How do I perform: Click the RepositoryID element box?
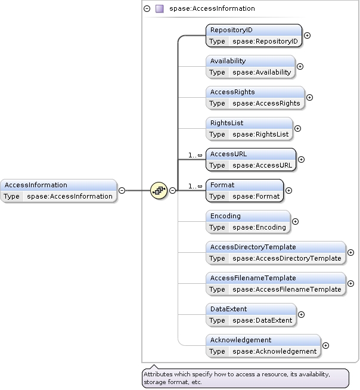click(254, 35)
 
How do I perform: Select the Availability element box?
click(250, 66)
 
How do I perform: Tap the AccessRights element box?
click(255, 97)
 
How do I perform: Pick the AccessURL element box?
click(251, 159)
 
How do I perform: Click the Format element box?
click(245, 190)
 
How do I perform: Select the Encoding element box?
click(248, 221)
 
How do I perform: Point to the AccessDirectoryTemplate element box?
click(276, 252)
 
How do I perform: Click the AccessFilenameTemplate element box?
click(276, 283)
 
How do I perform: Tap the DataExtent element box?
click(251, 314)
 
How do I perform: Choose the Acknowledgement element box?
click(263, 345)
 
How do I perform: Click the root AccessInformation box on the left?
click(58, 190)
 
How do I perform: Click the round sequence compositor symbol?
click(159, 190)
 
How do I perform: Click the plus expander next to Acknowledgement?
click(325, 345)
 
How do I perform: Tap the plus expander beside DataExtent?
click(301, 314)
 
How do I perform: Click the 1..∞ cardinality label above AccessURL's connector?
click(195, 155)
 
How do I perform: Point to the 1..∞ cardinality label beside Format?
click(195, 186)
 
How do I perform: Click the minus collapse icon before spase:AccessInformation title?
click(147, 9)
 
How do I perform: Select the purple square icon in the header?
click(159, 9)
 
